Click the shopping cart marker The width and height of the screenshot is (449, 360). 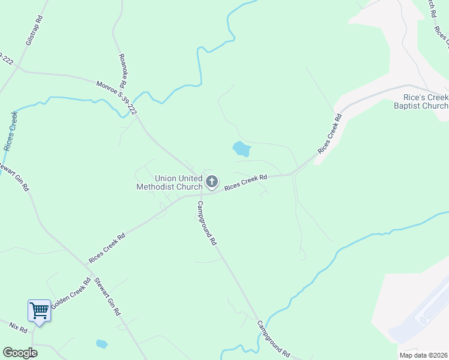point(39,311)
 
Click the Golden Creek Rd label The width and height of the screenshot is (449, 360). point(70,293)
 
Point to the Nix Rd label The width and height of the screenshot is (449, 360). point(19,328)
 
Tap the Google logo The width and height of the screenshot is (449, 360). point(19,353)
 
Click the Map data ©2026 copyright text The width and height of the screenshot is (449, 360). point(423,355)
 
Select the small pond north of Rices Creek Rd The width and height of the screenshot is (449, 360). point(241,148)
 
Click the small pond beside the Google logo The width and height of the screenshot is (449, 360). point(101,344)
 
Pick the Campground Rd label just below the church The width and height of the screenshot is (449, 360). point(206,223)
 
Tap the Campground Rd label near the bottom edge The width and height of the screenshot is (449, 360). point(274,338)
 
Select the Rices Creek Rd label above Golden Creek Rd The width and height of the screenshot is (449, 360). point(107,248)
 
